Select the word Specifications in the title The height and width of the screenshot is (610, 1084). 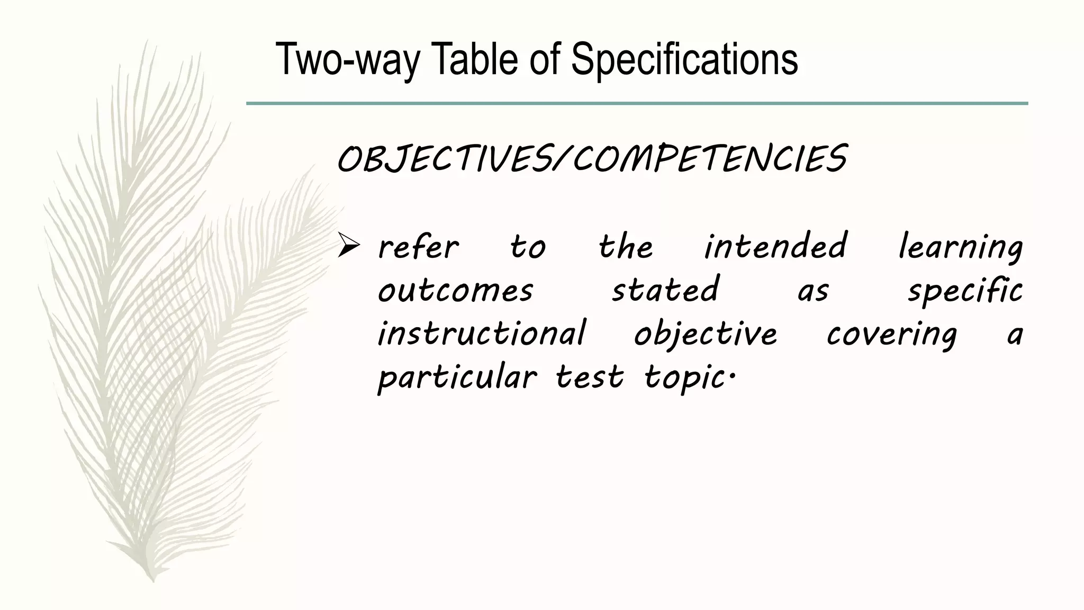pyautogui.click(x=684, y=59)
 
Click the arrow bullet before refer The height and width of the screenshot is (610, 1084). pyautogui.click(x=349, y=247)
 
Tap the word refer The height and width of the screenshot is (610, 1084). pyautogui.click(x=418, y=247)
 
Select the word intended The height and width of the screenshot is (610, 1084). pyautogui.click(x=775, y=246)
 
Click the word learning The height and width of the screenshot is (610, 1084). pyautogui.click(x=961, y=247)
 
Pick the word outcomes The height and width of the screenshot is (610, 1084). pyautogui.click(x=455, y=291)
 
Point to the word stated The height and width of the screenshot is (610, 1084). pyautogui.click(x=665, y=290)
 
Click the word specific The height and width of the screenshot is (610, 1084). pyautogui.click(x=965, y=291)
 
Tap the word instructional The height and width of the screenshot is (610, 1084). pyautogui.click(x=482, y=334)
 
